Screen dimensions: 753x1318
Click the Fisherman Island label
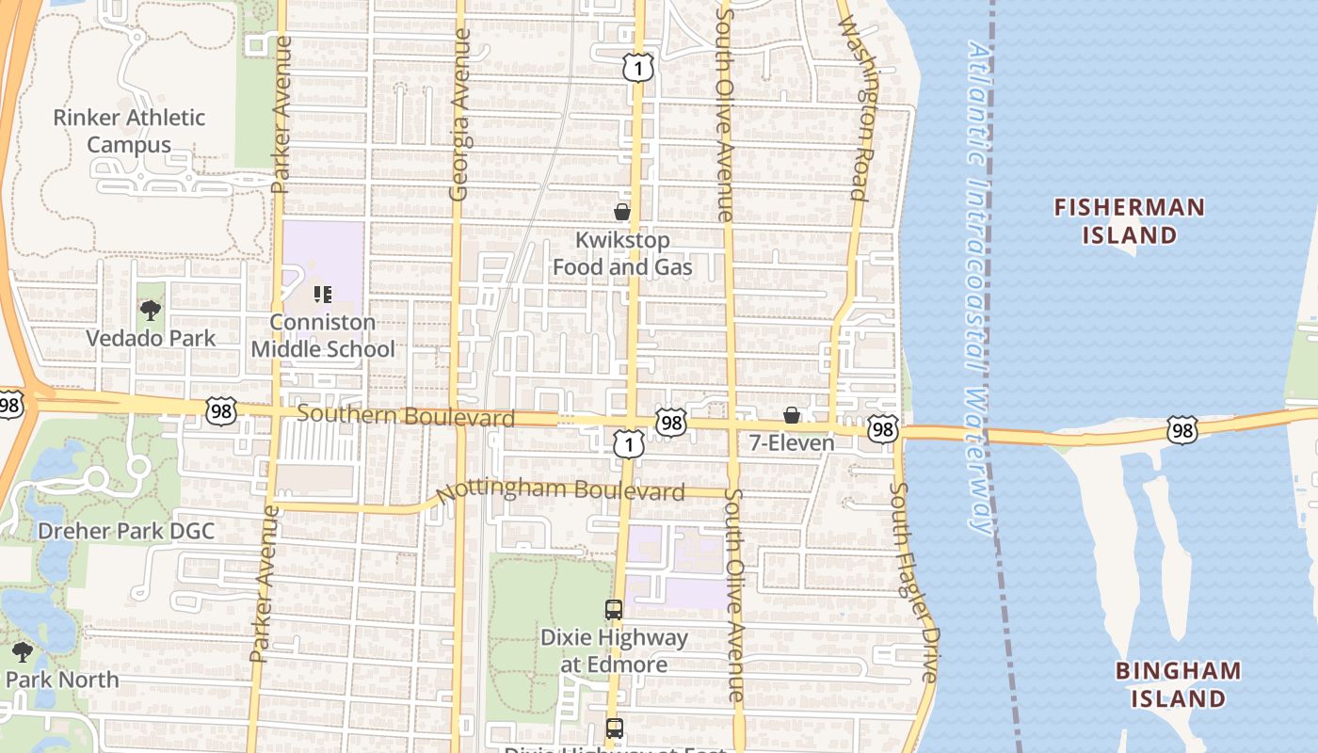pyautogui.click(x=1129, y=220)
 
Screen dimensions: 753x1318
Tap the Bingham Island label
pyautogui.click(x=1178, y=684)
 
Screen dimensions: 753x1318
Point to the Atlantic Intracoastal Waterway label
pyautogui.click(x=981, y=287)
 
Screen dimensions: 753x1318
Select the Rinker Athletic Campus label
pyautogui.click(x=128, y=131)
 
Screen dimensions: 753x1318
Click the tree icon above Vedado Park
pyautogui.click(x=150, y=310)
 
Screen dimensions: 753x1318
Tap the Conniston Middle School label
pyautogui.click(x=323, y=336)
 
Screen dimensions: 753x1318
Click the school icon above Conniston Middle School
pyautogui.click(x=323, y=295)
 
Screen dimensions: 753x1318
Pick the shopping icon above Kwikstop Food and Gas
pyautogui.click(x=621, y=212)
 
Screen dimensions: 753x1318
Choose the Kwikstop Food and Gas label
pyautogui.click(x=621, y=254)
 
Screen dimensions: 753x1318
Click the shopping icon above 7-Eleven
pyautogui.click(x=792, y=415)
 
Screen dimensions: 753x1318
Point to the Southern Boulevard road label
pyautogui.click(x=406, y=416)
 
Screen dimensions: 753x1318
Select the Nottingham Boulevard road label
pyautogui.click(x=560, y=490)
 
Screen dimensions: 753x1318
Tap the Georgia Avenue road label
pyautogui.click(x=459, y=115)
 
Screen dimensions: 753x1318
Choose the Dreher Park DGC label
pyautogui.click(x=126, y=531)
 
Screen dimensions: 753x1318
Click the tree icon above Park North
pyautogui.click(x=22, y=651)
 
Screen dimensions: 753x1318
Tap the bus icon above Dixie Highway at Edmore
pyautogui.click(x=614, y=610)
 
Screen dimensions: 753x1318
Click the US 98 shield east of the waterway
pyautogui.click(x=1181, y=430)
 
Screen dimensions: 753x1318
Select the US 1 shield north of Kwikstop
pyautogui.click(x=637, y=67)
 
